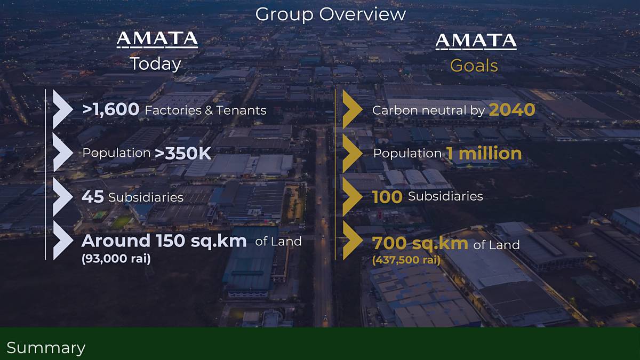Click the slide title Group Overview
(x=330, y=14)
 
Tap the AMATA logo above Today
(x=157, y=39)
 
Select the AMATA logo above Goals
(x=476, y=42)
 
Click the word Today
(x=156, y=64)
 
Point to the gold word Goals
(x=474, y=66)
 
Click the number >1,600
(x=111, y=109)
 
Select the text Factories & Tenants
(x=206, y=110)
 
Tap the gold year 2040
(x=512, y=110)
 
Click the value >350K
(x=183, y=153)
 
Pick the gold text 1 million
(x=484, y=154)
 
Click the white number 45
(x=93, y=197)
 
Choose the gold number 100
(x=387, y=197)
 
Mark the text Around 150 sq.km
(x=164, y=241)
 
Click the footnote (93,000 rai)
(x=116, y=259)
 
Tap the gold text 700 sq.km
(x=420, y=243)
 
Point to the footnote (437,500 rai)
(x=406, y=260)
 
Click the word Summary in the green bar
(x=46, y=348)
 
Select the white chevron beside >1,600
(x=62, y=109)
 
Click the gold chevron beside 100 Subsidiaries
(x=352, y=197)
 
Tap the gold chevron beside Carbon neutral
(x=352, y=109)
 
